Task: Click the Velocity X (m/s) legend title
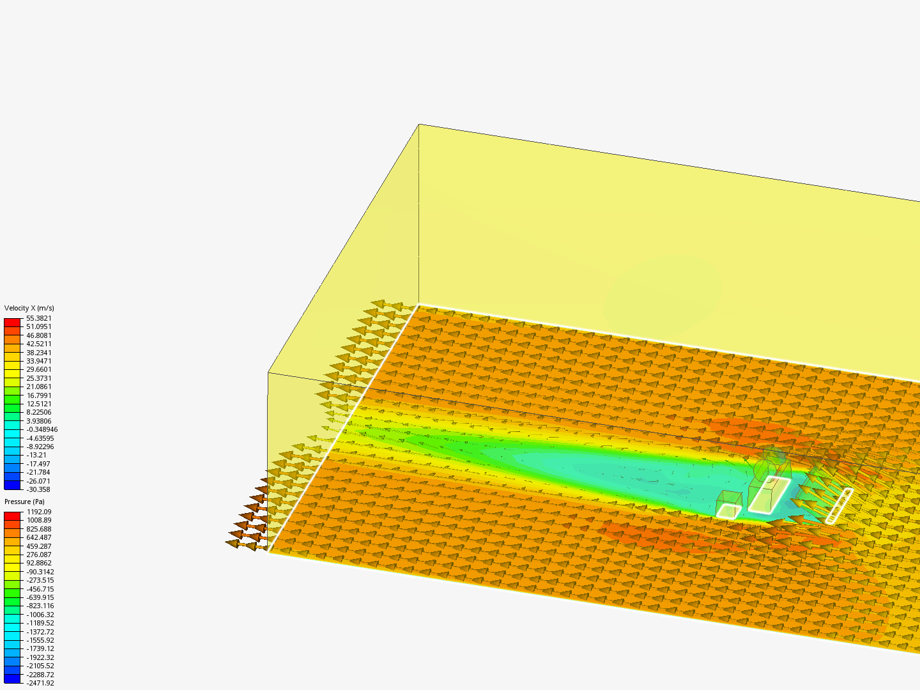coord(29,308)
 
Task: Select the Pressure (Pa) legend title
coord(24,502)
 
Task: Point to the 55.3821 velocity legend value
coord(38,318)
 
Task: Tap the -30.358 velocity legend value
coord(38,489)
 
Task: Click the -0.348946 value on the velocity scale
coord(42,429)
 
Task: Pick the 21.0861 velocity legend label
coord(38,387)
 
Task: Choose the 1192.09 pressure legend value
coord(39,512)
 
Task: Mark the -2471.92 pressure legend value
coord(40,683)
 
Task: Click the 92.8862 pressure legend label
coord(39,563)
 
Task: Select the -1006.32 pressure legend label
coord(40,615)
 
